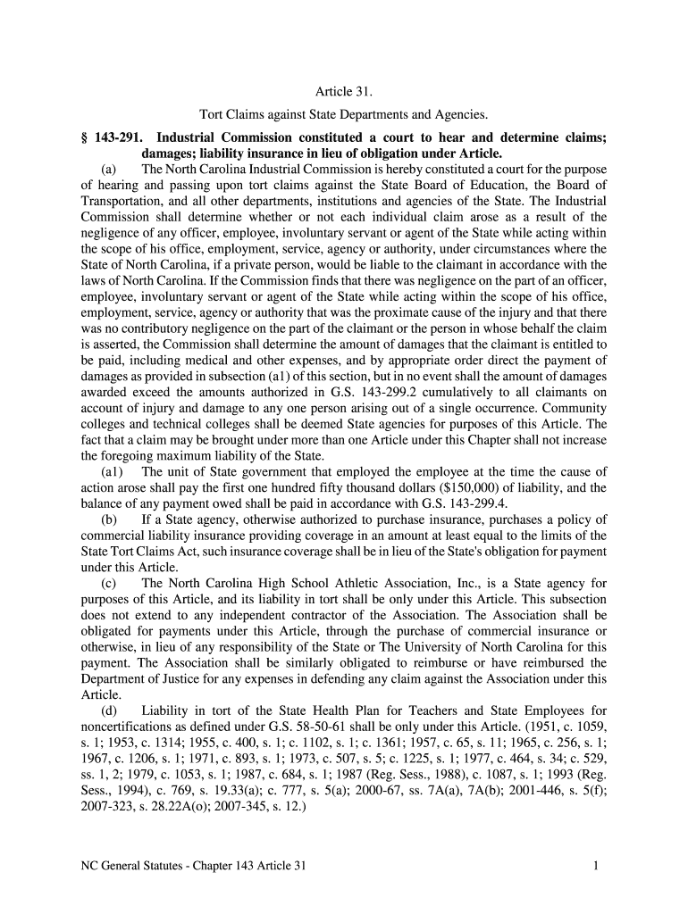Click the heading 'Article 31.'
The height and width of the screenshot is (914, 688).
click(343, 92)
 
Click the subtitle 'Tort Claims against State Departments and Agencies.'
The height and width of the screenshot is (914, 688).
click(343, 115)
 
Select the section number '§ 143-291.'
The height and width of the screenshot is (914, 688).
click(98, 137)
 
